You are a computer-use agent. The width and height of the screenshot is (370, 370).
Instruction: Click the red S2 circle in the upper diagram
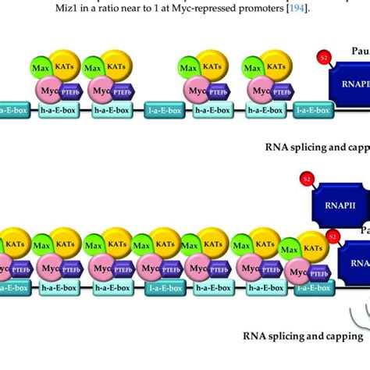323,57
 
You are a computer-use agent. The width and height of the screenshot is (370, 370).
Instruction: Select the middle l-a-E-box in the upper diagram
162,112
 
